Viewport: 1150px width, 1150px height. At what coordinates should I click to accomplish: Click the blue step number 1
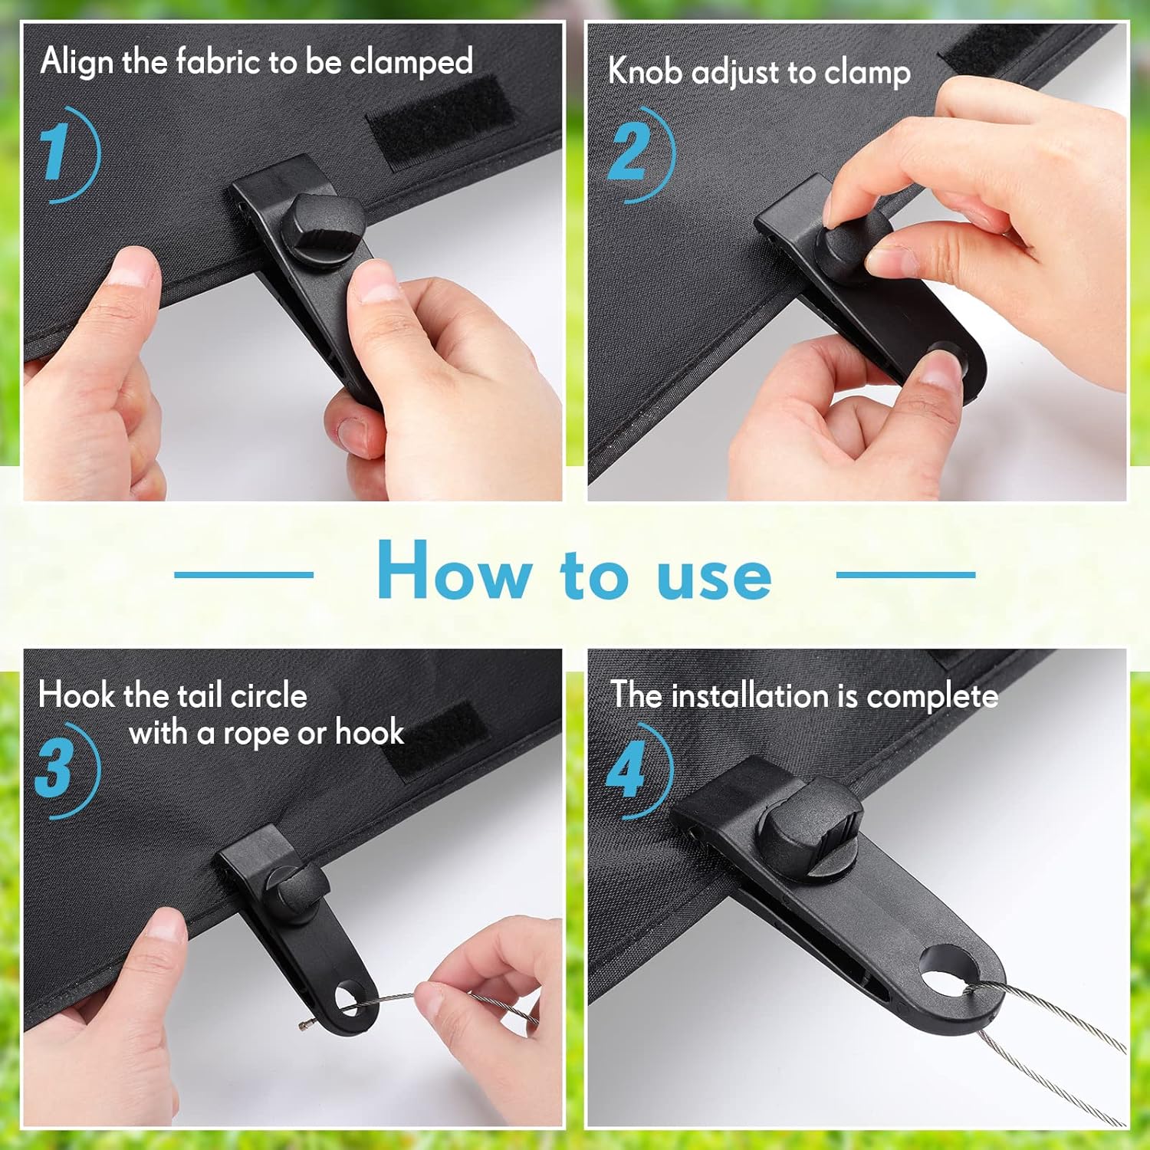(x=55, y=153)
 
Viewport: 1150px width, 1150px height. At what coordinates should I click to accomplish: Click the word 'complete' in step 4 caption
(x=932, y=697)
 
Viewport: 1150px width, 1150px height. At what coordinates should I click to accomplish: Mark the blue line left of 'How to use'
(x=243, y=574)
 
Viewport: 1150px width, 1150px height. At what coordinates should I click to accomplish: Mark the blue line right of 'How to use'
(x=905, y=574)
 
